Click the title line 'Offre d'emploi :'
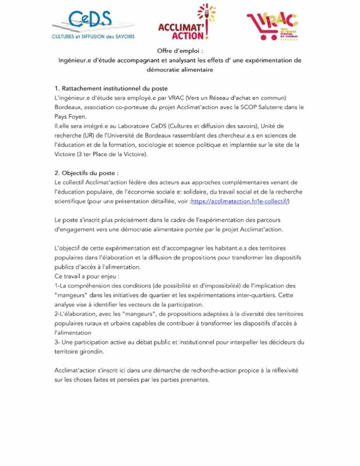click(179, 51)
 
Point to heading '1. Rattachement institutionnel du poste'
click(111, 88)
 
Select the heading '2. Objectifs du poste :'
click(86, 173)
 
